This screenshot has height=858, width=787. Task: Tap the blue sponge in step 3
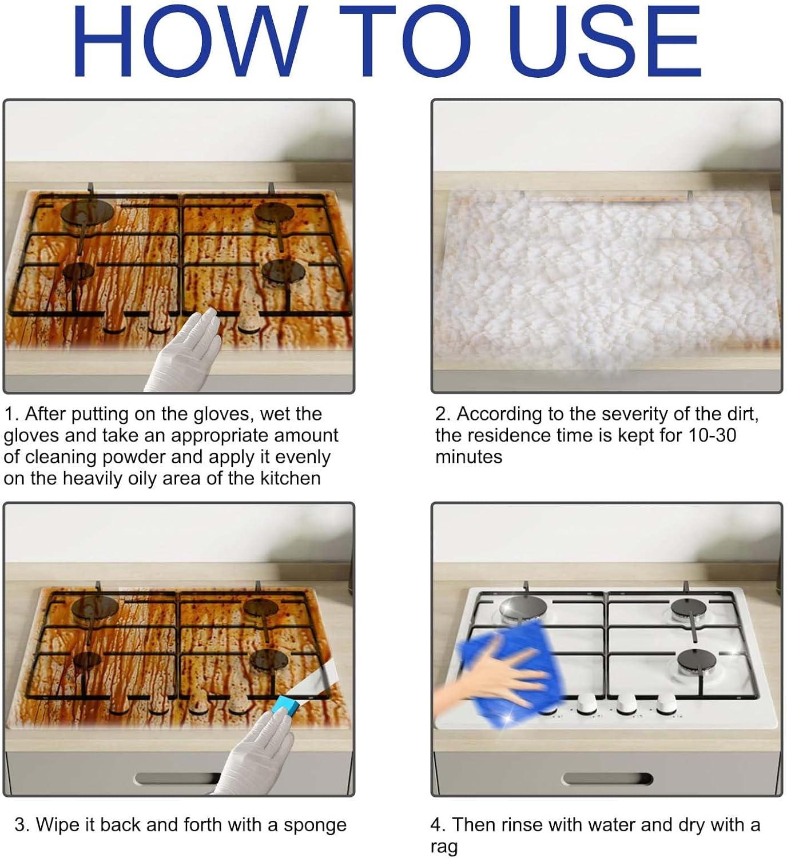pos(290,708)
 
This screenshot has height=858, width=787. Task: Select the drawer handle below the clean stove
pos(607,779)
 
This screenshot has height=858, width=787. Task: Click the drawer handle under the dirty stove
pos(178,779)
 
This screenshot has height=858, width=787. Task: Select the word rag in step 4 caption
pos(444,846)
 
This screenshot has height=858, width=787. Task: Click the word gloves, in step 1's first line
pos(218,414)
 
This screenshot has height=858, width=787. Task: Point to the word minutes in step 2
pos(468,457)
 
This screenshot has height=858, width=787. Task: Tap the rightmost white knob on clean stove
pos(666,705)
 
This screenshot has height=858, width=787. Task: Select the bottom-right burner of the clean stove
pos(696,662)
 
